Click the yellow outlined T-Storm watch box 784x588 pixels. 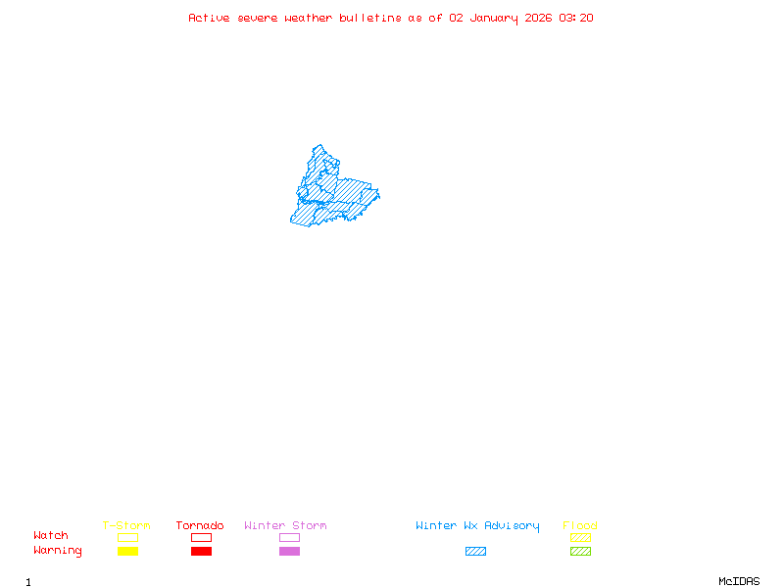(x=127, y=537)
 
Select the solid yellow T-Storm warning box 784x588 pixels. (x=127, y=552)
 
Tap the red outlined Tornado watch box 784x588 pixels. (x=201, y=537)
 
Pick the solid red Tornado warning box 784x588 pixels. (x=201, y=552)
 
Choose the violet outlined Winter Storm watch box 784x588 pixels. (x=289, y=537)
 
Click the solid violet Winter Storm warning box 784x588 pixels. (x=289, y=552)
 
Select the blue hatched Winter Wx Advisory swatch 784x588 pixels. (x=475, y=552)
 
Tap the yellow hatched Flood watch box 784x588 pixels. (x=580, y=537)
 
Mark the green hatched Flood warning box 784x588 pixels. (x=580, y=552)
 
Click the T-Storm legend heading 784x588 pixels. (x=126, y=526)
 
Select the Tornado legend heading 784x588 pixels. (x=200, y=526)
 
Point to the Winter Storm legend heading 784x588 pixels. (x=285, y=526)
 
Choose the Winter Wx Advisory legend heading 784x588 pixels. (x=477, y=526)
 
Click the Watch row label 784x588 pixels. (x=51, y=536)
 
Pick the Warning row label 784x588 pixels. (x=58, y=551)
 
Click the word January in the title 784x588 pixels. (x=493, y=18)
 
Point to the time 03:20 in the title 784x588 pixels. (x=576, y=18)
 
